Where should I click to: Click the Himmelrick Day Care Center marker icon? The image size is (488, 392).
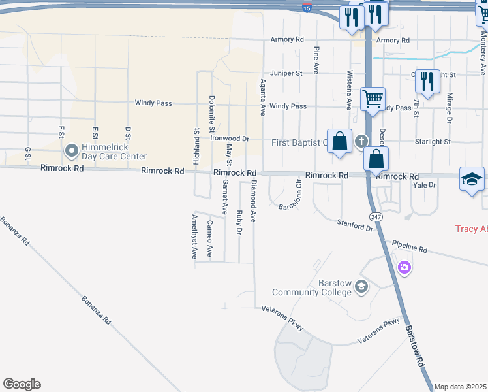[72, 151]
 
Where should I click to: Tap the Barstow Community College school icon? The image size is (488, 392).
[363, 287]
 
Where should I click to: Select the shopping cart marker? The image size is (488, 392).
[373, 99]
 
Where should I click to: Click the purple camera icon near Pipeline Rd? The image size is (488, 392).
[404, 267]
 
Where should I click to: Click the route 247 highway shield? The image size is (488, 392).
[375, 216]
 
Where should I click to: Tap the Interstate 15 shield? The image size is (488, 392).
[307, 8]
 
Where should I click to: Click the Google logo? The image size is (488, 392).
[22, 384]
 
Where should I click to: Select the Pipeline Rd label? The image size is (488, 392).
[409, 247]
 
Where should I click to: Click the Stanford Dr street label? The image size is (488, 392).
[354, 226]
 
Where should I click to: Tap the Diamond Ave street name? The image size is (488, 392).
[254, 201]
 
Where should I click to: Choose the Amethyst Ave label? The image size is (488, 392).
[194, 237]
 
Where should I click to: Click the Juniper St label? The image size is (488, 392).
[282, 73]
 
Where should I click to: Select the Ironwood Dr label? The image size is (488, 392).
[230, 139]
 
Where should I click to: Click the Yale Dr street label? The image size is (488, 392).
[424, 185]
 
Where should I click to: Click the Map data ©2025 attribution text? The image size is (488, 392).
[461, 387]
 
